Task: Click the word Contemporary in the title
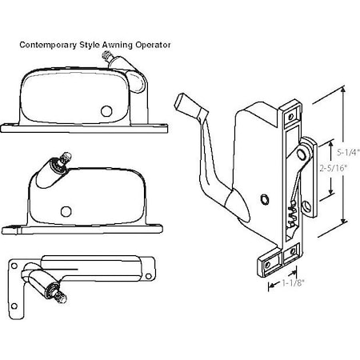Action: pos(49,46)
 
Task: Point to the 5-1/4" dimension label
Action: pos(350,149)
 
